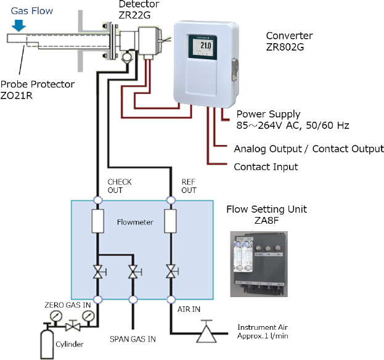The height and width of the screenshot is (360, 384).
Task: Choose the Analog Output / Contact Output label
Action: (x=309, y=149)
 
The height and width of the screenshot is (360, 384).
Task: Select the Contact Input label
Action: (x=266, y=166)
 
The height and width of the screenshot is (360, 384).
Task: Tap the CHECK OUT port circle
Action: (x=97, y=200)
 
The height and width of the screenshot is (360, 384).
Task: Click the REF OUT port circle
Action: (x=171, y=200)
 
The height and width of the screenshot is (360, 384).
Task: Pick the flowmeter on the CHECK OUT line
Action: (x=97, y=221)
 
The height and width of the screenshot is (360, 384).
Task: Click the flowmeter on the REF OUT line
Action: (x=171, y=221)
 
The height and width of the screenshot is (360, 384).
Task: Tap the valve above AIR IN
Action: (x=171, y=272)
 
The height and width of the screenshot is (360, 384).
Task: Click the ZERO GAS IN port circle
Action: (x=97, y=300)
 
